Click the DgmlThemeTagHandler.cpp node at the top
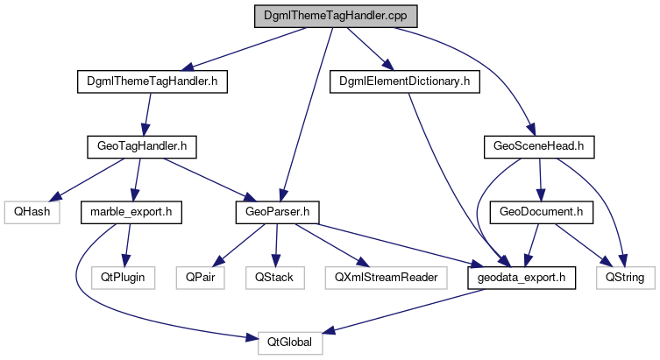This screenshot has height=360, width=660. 335,16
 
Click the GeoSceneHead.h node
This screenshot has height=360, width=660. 539,146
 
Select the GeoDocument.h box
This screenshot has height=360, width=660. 547,212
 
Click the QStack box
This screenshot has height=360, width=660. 275,278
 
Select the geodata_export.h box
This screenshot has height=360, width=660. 521,278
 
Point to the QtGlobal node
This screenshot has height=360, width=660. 290,342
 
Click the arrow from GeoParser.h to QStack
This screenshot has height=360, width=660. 277,245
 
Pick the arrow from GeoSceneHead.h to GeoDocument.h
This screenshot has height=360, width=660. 543,180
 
